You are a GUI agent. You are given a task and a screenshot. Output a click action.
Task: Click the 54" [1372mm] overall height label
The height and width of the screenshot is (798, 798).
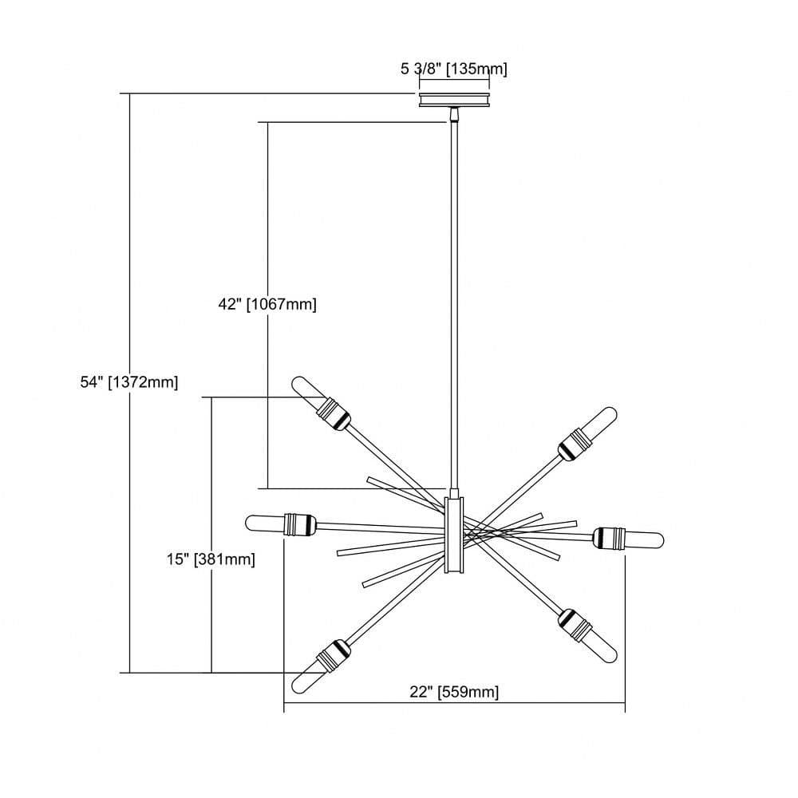pos(129,381)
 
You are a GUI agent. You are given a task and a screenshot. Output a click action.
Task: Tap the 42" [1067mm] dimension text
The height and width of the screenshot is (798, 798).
pos(267,304)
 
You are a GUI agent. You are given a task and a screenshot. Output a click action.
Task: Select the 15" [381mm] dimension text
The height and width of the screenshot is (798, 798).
pos(211,559)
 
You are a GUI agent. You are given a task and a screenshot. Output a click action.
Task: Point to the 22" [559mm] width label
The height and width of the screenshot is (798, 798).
pos(454,692)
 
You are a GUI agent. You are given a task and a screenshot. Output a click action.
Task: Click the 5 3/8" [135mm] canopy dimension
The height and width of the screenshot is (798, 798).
pos(454,69)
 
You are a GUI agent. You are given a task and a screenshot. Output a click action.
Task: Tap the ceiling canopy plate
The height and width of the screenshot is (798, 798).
pos(454,100)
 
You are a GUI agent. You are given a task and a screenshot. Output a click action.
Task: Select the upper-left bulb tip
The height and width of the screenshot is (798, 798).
pos(298,383)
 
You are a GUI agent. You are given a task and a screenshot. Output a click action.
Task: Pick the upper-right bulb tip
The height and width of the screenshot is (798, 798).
pos(609,414)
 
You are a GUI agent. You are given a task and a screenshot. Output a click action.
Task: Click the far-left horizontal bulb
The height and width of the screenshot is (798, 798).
pos(265,523)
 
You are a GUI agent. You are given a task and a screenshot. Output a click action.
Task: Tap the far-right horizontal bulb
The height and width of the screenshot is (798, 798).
pos(645,539)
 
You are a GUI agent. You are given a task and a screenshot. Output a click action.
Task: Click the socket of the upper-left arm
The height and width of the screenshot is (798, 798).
pos(334,414)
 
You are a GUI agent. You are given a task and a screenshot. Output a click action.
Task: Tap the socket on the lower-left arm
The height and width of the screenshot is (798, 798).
pos(334,656)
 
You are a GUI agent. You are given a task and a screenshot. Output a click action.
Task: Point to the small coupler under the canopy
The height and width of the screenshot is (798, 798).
pos(453,115)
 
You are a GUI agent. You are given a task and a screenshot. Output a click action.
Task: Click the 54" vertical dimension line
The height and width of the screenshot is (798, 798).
pos(130,383)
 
